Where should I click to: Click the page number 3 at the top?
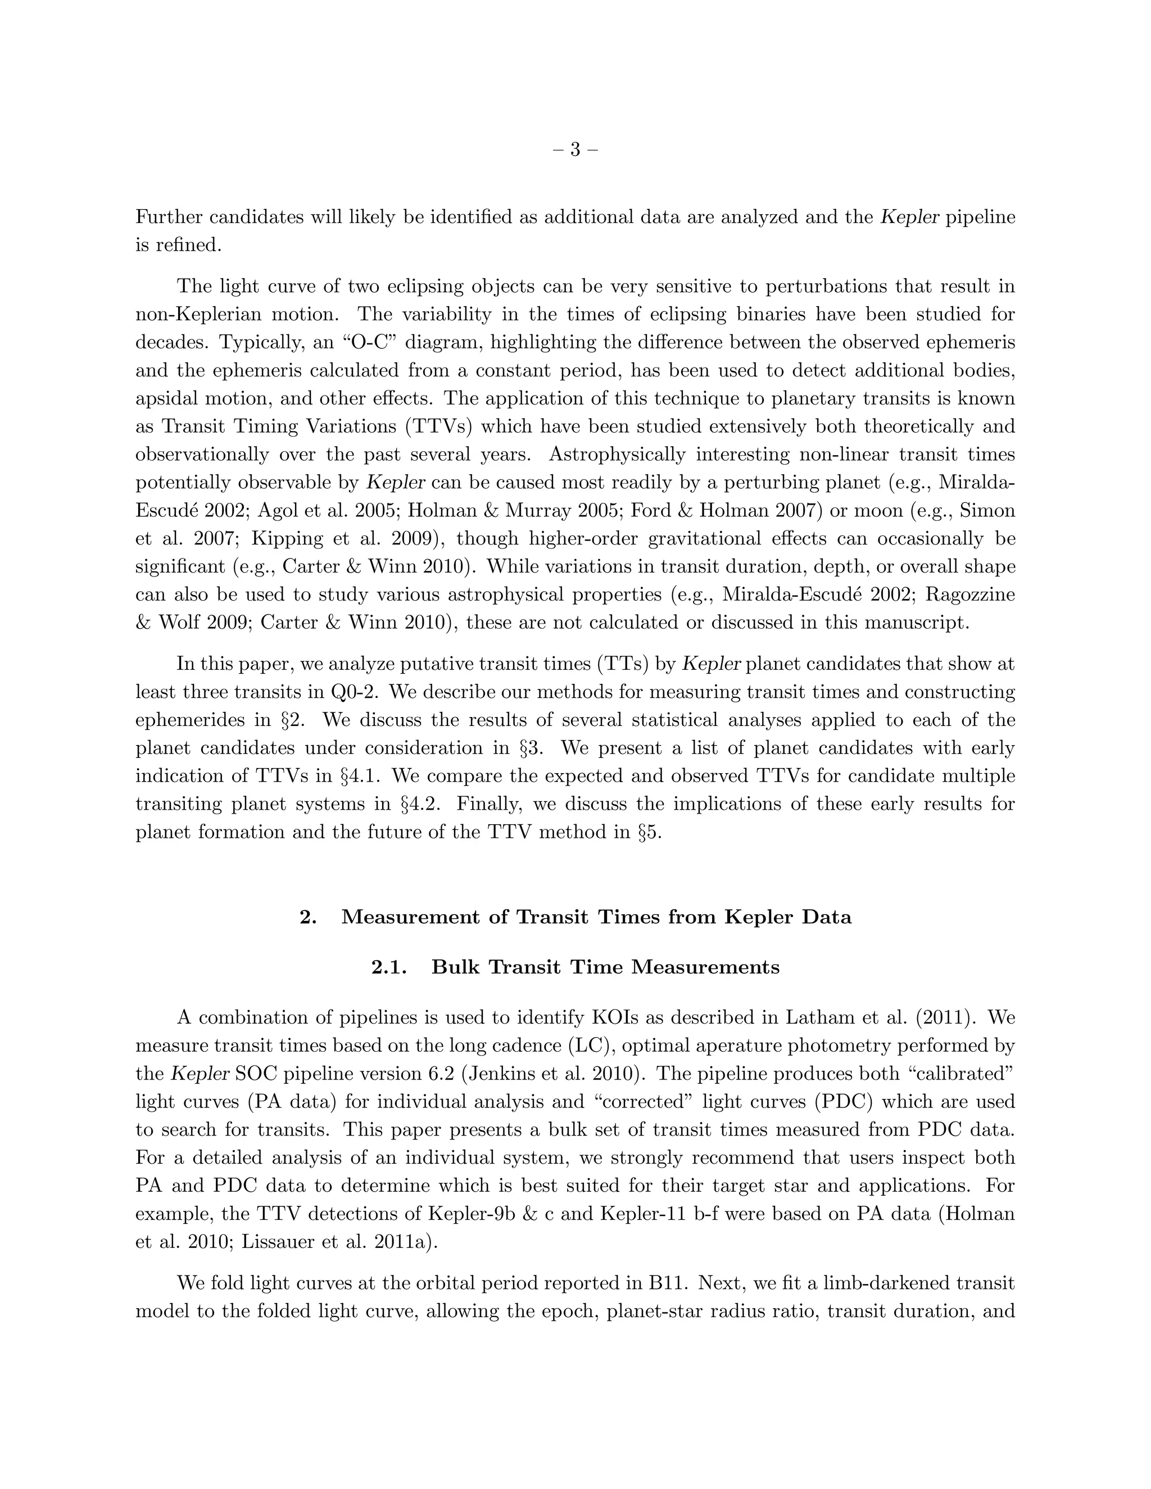pyautogui.click(x=575, y=149)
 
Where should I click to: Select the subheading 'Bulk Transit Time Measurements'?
pyautogui.click(x=605, y=968)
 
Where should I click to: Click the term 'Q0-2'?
pyautogui.click(x=355, y=692)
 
